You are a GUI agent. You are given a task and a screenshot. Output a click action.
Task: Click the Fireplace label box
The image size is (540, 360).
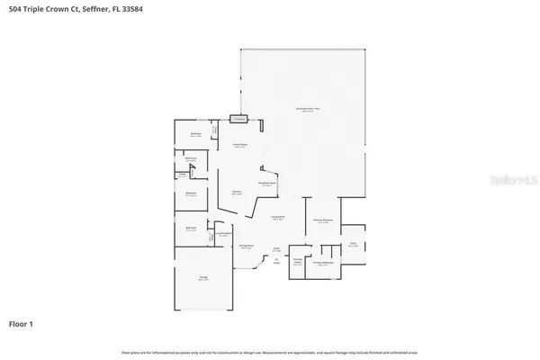click(x=238, y=118)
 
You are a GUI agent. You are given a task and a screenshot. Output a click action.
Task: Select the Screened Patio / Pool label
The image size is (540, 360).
click(x=309, y=110)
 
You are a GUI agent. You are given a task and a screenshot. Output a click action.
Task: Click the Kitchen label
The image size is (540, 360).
click(x=238, y=192)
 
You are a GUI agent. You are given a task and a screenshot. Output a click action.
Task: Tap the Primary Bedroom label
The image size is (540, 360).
click(x=322, y=220)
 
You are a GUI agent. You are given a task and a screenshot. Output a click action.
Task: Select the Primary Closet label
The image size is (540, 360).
click(x=297, y=262)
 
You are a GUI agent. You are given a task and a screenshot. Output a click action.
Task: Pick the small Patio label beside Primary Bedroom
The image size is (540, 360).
click(x=354, y=244)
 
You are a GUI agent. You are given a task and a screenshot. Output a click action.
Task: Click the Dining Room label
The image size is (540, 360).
click(x=246, y=247)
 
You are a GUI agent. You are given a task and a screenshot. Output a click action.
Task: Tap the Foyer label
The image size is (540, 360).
click(x=277, y=249)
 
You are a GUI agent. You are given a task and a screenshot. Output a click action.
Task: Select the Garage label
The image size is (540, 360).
click(x=203, y=279)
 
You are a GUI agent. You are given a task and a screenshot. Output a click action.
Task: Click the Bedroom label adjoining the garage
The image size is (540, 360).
click(x=191, y=229)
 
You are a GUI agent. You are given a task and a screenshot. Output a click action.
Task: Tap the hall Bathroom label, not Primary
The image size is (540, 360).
click(x=191, y=159)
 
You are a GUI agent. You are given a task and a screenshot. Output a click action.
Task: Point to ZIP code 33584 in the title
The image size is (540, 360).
click(x=129, y=8)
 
